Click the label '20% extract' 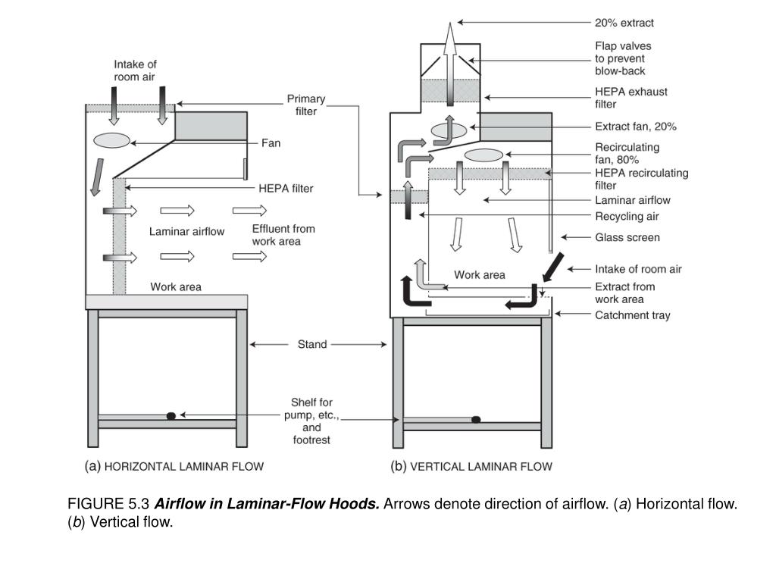[624, 23]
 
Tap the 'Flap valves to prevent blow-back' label [622, 58]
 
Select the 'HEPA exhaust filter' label [630, 98]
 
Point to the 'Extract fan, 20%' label [635, 127]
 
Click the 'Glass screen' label [627, 237]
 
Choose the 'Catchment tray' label [632, 315]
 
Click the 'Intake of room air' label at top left [135, 70]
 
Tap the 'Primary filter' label [305, 105]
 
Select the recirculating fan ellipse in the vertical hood [483, 155]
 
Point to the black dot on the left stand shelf [171, 415]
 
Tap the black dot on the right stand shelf [476, 419]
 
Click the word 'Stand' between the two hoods [311, 344]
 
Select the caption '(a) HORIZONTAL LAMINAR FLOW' [174, 467]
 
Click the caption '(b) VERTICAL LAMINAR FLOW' [471, 467]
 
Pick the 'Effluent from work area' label [283, 235]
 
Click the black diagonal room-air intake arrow [553, 267]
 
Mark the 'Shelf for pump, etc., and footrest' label [311, 421]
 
